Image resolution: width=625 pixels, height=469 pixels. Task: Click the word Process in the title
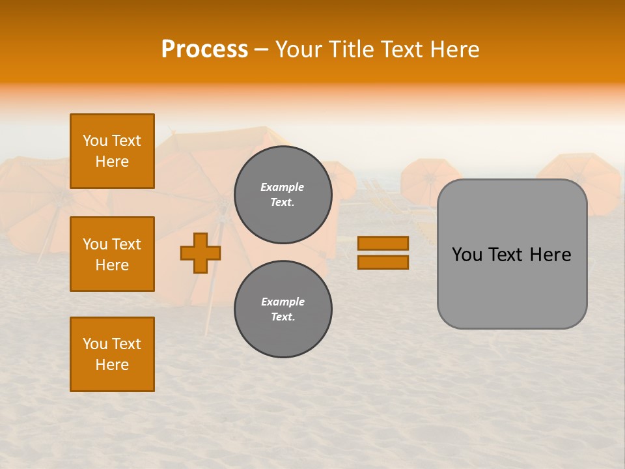tap(204, 50)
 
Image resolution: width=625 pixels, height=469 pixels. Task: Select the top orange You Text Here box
tap(112, 151)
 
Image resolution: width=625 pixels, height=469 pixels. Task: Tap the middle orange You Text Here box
tap(112, 254)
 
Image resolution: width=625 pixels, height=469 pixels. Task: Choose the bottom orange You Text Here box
tap(112, 354)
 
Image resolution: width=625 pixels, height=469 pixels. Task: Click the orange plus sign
tap(201, 253)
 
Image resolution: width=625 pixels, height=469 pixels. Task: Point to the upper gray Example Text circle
tap(283, 195)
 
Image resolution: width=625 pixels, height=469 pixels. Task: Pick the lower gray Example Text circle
tap(283, 309)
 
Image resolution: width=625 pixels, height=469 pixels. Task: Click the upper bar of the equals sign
tap(383, 243)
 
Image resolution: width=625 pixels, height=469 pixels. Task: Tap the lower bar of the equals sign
tap(383, 262)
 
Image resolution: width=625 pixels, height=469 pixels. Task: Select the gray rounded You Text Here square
tap(512, 254)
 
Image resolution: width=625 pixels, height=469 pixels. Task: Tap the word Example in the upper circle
tap(282, 187)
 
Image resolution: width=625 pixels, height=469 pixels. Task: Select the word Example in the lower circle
tap(283, 302)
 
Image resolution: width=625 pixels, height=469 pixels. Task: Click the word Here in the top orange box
tap(112, 162)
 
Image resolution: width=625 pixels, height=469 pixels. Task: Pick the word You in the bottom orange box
tap(95, 344)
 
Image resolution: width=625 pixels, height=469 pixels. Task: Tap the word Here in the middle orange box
tap(112, 265)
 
